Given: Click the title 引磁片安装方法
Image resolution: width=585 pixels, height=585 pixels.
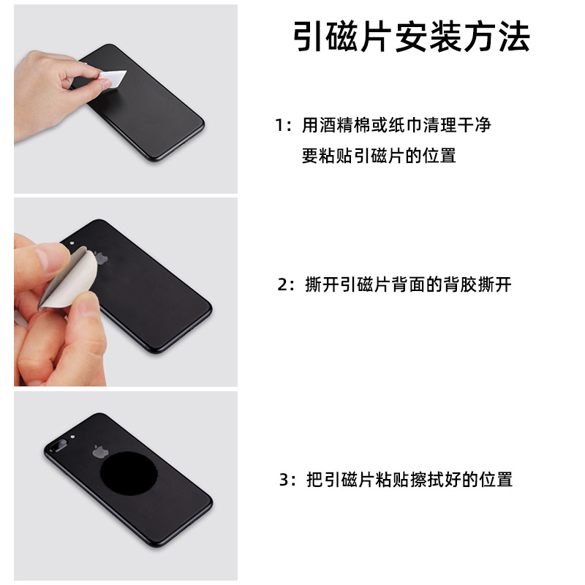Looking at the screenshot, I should [412, 37].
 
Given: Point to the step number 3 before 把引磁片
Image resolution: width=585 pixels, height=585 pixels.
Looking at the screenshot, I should [286, 480].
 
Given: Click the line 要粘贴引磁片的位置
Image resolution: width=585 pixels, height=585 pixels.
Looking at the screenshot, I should [379, 156].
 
